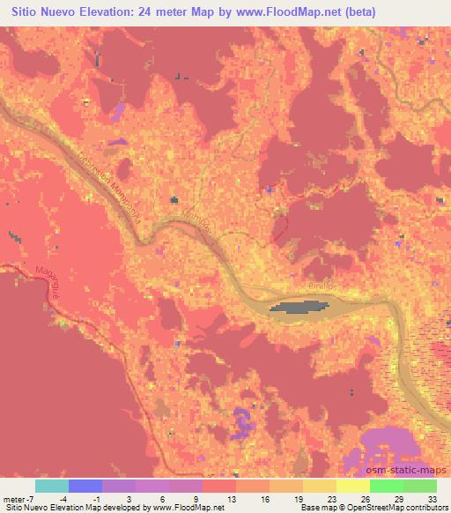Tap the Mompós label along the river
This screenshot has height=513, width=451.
[198, 227]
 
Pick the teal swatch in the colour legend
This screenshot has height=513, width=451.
[52, 485]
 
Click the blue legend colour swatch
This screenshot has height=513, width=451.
[85, 485]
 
